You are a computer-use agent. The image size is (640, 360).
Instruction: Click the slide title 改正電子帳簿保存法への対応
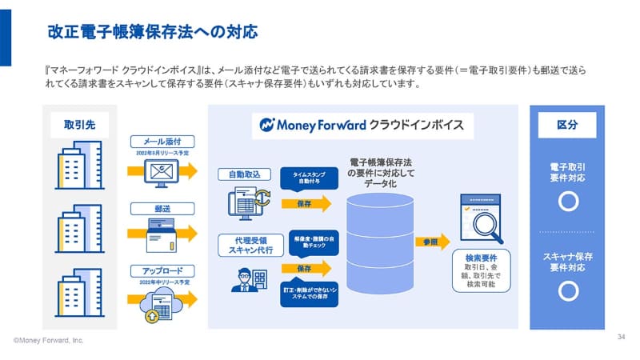point(153,33)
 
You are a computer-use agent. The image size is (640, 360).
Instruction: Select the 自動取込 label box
point(245,174)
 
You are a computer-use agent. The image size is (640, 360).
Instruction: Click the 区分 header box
point(567,125)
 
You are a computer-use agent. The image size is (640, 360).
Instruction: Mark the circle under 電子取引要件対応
point(568,201)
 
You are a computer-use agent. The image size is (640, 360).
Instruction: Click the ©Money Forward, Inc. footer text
point(48,341)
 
